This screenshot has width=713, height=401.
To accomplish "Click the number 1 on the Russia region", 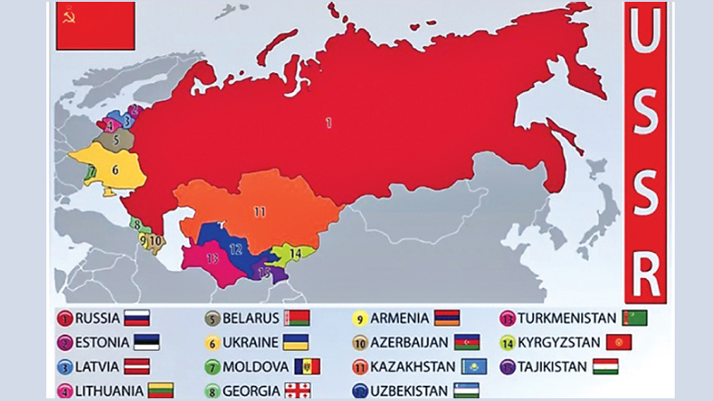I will tap(328, 123).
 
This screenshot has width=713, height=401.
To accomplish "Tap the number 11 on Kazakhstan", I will tap(259, 212).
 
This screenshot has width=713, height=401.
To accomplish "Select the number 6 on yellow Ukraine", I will tap(115, 168).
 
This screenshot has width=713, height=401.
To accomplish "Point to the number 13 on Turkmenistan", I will tap(211, 258).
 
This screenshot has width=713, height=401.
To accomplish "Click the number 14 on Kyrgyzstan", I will tap(296, 253).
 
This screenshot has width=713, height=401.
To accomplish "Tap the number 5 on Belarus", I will tap(117, 139).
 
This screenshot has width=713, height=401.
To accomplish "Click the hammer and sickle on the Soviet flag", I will tap(66, 15).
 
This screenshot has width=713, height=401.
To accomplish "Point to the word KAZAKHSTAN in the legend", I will tap(411, 366).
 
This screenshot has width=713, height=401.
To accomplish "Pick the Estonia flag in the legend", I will tap(142, 342).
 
